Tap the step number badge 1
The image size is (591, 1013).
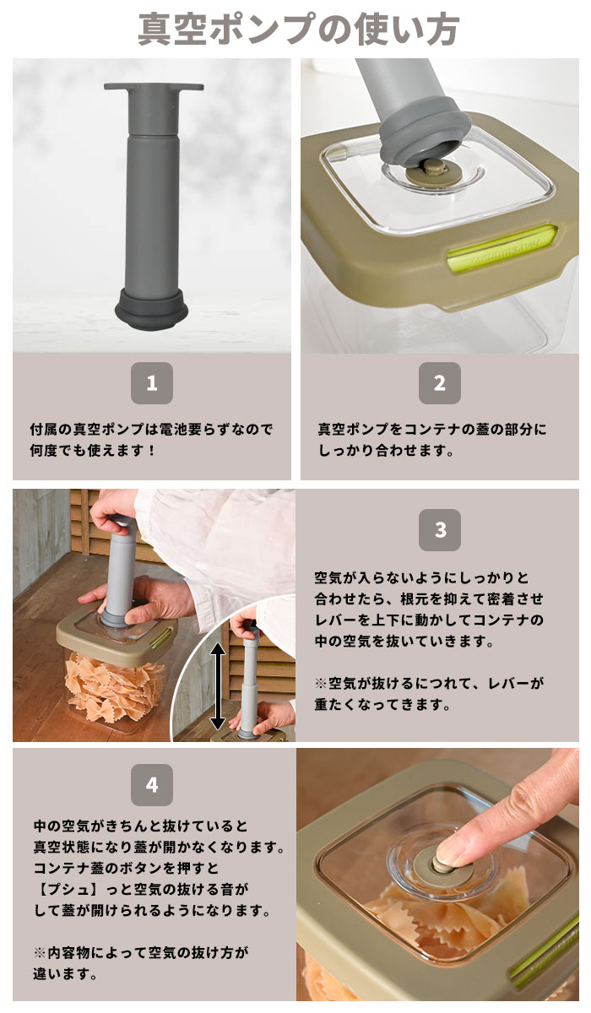(x=152, y=383)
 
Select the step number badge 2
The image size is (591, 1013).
(x=439, y=383)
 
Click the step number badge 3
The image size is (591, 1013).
(x=440, y=530)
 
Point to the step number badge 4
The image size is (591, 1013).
(x=152, y=785)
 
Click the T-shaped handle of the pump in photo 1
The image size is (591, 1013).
(x=154, y=89)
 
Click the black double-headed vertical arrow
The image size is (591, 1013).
(x=217, y=685)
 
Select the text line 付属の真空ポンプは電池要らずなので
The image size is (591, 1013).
(x=152, y=429)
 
